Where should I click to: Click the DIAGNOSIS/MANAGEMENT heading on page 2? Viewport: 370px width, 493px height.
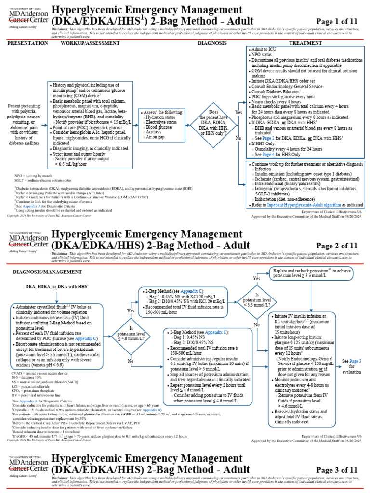[x=47, y=272]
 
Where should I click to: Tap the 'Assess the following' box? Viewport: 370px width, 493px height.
[x=162, y=124]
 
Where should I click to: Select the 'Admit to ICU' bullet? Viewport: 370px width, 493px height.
[x=266, y=50]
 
